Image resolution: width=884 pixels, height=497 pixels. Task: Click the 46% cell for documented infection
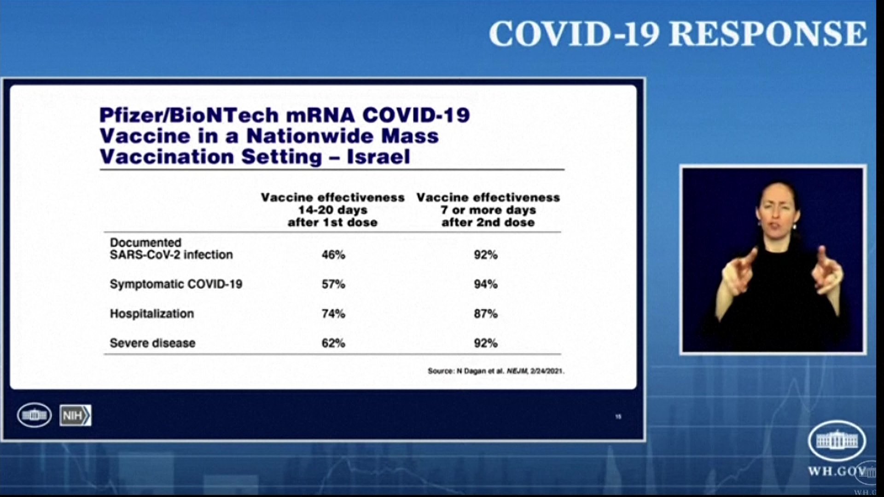pos(333,254)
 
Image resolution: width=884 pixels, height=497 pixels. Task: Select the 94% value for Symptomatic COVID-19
pos(486,284)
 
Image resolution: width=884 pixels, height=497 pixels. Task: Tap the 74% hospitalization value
pos(333,313)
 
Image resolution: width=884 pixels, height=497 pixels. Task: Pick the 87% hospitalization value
pos(486,313)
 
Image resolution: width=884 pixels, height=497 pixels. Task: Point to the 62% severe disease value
pos(333,343)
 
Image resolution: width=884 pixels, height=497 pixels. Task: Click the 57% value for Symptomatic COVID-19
pos(333,284)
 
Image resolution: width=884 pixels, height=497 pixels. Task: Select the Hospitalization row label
pos(152,314)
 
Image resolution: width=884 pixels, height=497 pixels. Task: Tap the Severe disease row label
pos(152,343)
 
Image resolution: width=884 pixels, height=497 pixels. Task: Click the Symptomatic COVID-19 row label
pos(176,284)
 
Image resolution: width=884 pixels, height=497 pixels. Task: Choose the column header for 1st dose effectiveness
pos(332,210)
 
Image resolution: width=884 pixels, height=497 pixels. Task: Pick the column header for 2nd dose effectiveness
pos(488,210)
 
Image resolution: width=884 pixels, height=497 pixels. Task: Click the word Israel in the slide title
pos(378,157)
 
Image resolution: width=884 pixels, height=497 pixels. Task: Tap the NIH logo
pos(75,416)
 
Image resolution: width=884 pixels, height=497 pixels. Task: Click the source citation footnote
pos(496,371)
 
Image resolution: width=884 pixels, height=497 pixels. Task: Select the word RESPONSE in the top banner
pos(768,34)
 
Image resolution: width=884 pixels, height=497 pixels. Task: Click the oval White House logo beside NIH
pos(35,415)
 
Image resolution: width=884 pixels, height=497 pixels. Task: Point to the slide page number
pos(618,416)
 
